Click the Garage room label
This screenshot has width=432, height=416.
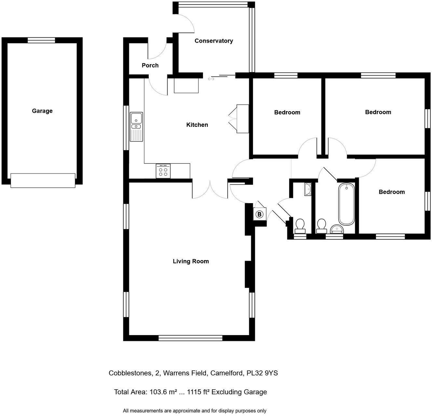(x=42, y=111)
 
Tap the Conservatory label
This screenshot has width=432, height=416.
(x=214, y=41)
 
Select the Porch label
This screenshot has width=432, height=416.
(x=150, y=65)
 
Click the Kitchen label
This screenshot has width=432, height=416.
(x=197, y=125)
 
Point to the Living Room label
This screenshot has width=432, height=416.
(x=191, y=261)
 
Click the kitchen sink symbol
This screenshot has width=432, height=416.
(x=136, y=126)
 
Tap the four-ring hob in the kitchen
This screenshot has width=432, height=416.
(x=163, y=171)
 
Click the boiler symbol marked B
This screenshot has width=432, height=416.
(x=259, y=214)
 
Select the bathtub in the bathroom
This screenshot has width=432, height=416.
(x=346, y=204)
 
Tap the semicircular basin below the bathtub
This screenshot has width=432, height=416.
(x=336, y=229)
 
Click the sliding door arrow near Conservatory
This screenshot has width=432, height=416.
(x=211, y=78)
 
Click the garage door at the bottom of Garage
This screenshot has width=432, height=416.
(x=43, y=180)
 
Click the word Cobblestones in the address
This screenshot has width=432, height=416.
(x=129, y=373)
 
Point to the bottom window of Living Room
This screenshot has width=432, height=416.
(x=190, y=338)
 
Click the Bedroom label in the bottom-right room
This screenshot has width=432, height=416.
(x=392, y=192)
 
